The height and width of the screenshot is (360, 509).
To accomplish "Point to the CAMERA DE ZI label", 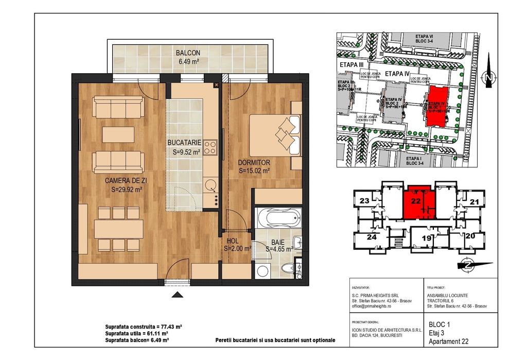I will coord(127,180).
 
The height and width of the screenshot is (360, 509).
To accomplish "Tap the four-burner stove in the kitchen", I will coord(209,148).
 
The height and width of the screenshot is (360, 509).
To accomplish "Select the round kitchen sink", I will coord(209,184).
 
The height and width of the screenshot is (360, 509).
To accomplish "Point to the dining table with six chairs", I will coord(118,228).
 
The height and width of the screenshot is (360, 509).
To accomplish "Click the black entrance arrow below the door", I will coord(178,295).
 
